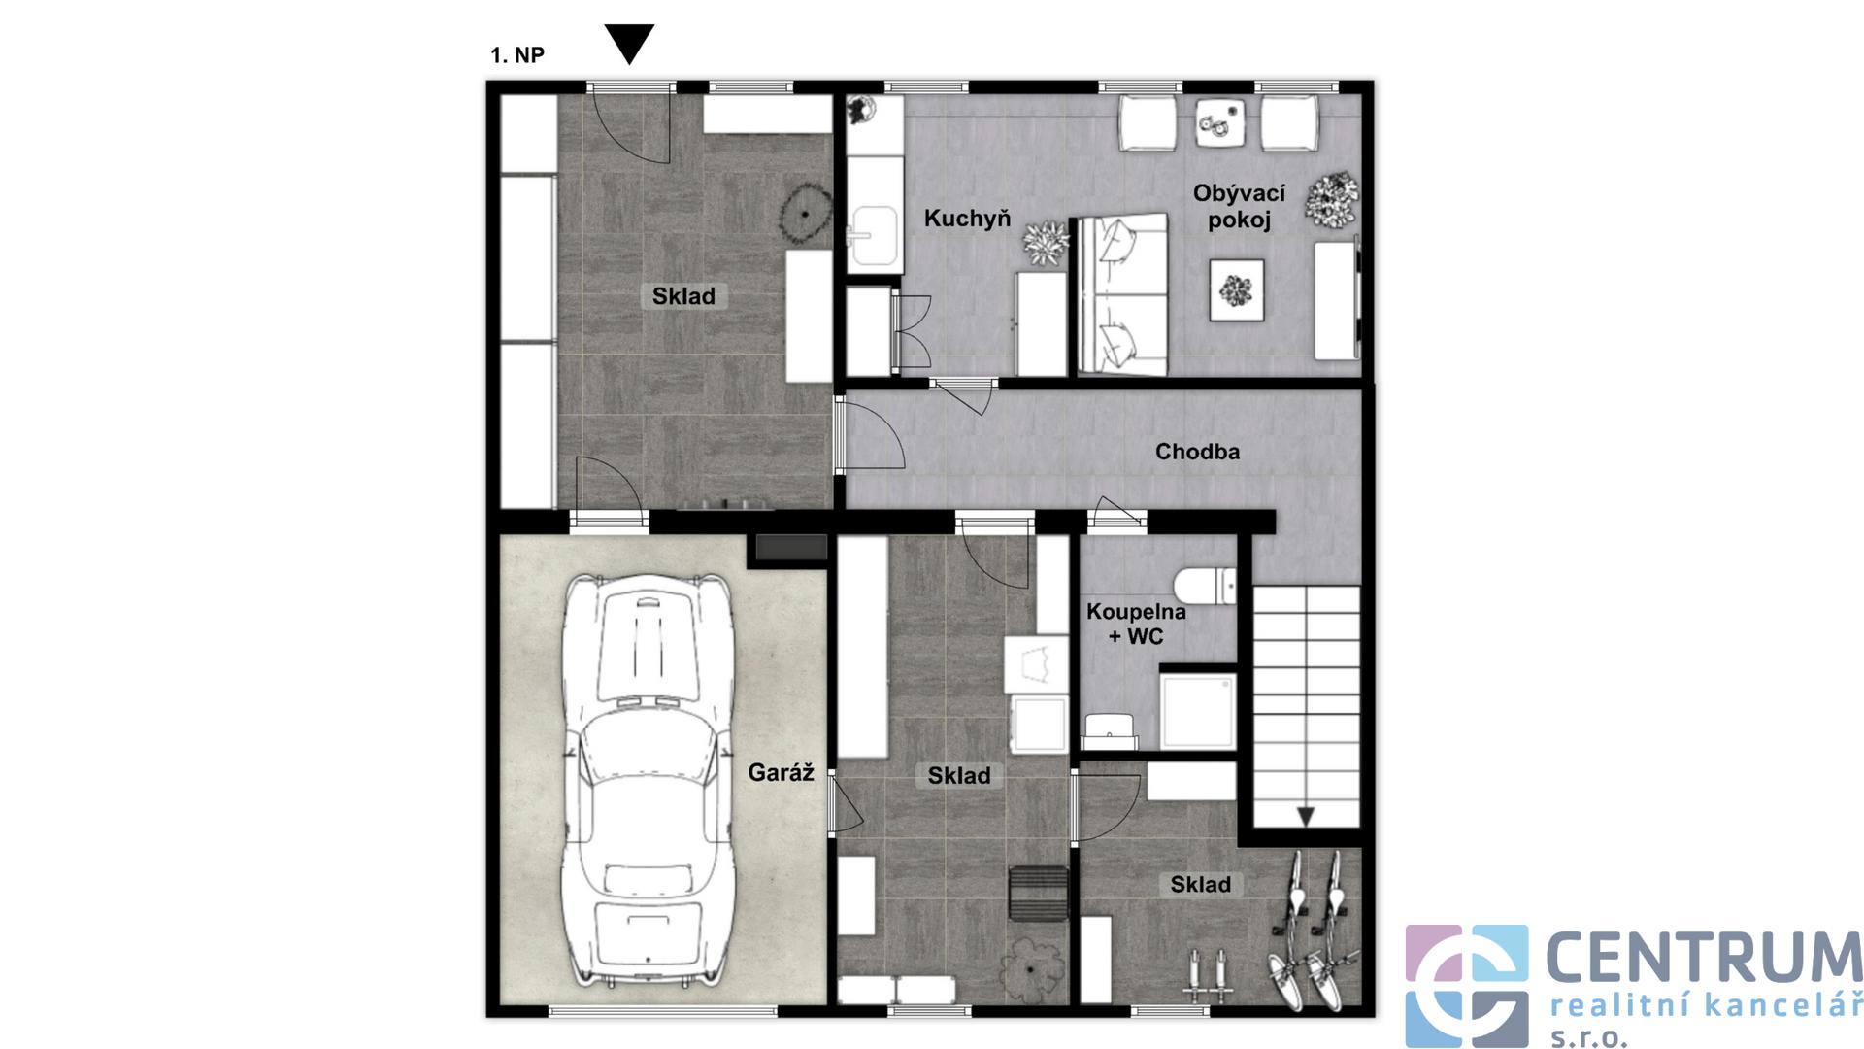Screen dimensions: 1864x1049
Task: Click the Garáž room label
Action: click(781, 773)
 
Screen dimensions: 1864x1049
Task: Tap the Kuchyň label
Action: click(967, 219)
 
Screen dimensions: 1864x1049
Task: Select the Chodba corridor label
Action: click(1197, 452)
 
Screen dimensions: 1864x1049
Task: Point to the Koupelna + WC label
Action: click(1136, 624)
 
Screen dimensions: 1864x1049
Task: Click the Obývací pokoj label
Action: click(1239, 206)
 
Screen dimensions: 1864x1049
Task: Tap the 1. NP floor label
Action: click(517, 55)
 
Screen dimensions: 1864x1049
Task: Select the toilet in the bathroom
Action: click(1204, 588)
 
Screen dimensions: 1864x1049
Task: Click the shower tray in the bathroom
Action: click(1198, 712)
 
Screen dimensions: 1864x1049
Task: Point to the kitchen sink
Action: click(875, 235)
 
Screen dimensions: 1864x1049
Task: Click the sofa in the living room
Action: click(1122, 294)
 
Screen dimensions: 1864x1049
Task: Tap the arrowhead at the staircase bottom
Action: click(1306, 817)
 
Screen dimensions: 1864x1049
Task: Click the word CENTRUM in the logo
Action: click(1704, 957)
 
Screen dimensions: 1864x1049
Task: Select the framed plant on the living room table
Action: click(1237, 289)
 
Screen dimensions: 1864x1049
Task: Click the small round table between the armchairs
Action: click(1220, 123)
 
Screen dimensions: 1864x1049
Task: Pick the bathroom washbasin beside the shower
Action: click(1110, 731)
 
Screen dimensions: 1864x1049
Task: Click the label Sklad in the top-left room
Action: click(683, 296)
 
